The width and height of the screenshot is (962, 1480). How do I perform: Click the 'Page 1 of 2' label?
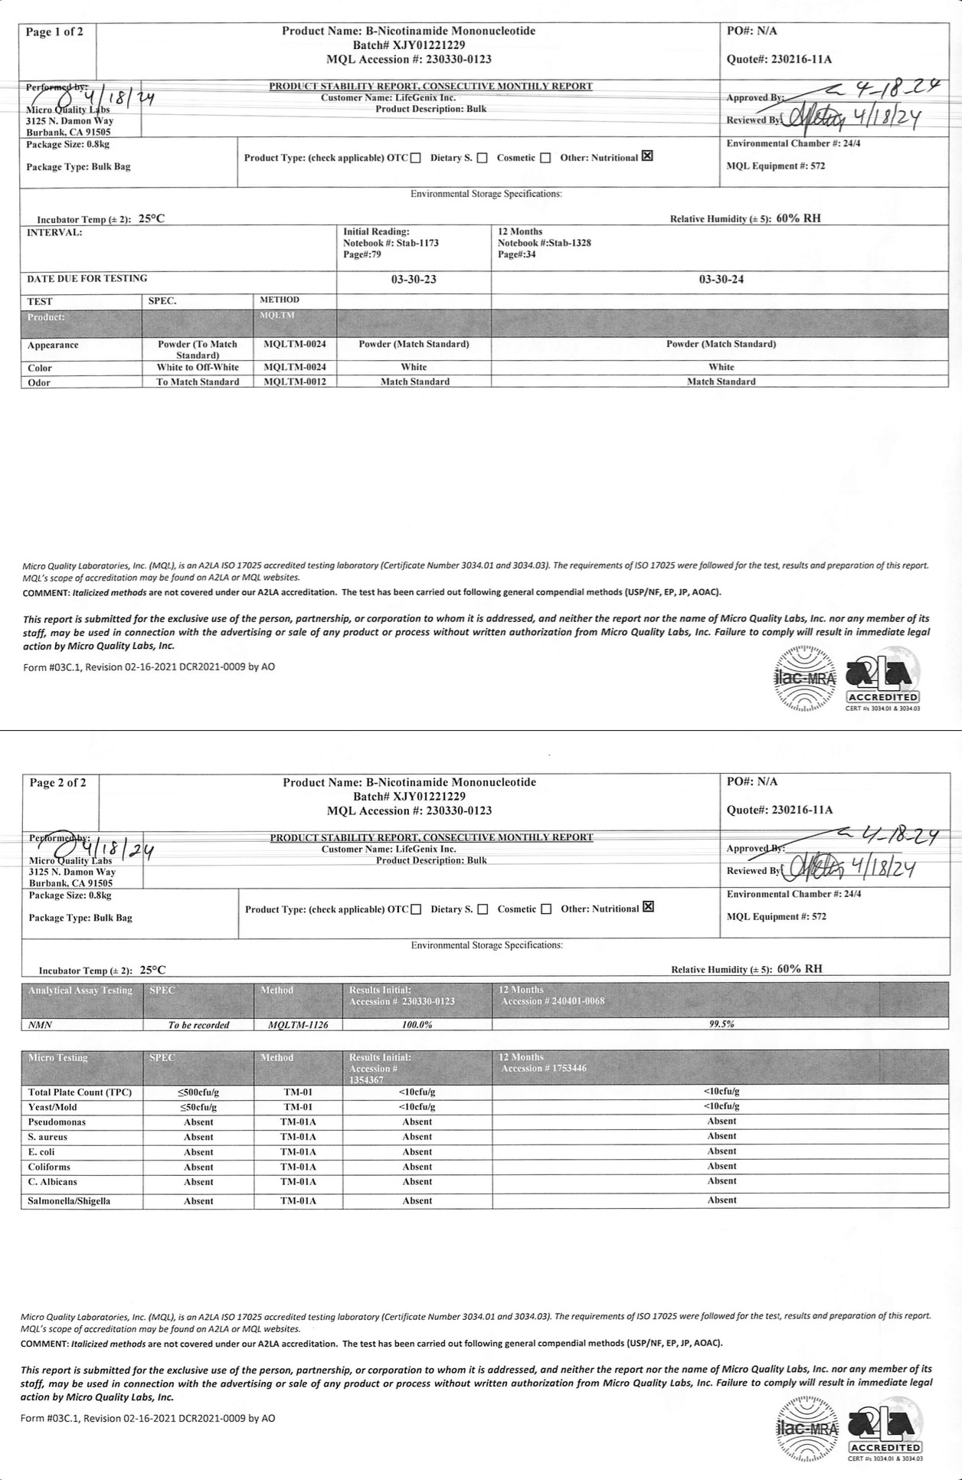pos(55,31)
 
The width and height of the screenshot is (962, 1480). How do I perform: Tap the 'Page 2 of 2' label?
pos(58,782)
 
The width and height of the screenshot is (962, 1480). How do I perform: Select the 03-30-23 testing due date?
pos(414,280)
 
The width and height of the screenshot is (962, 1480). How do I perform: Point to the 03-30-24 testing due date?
pos(721,280)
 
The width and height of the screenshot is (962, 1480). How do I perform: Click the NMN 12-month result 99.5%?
pos(721,1023)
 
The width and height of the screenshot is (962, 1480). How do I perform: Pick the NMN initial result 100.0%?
pos(417,1024)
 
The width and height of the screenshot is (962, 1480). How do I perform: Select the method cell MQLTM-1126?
pos(298,1024)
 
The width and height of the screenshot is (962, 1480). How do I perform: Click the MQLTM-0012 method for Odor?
pos(294,381)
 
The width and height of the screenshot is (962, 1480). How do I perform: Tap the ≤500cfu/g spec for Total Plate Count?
pos(198,1092)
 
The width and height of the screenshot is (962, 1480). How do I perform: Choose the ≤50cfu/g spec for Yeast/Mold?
pos(198,1107)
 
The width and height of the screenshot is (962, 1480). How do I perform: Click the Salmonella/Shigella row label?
pos(69,1201)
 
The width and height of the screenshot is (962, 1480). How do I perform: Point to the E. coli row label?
pos(41,1151)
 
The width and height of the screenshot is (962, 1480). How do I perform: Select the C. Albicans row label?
pos(53,1181)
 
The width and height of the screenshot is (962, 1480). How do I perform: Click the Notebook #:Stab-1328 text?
pos(544,243)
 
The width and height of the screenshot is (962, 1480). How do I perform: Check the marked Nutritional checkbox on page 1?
pos(647,156)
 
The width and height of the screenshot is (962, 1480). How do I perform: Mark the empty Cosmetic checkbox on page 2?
pos(546,909)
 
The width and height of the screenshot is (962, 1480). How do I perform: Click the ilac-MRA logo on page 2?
pos(807,1429)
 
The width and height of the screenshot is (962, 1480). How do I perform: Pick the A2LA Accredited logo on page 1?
pos(882,680)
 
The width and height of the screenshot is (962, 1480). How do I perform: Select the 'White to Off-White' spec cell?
pos(198,368)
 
